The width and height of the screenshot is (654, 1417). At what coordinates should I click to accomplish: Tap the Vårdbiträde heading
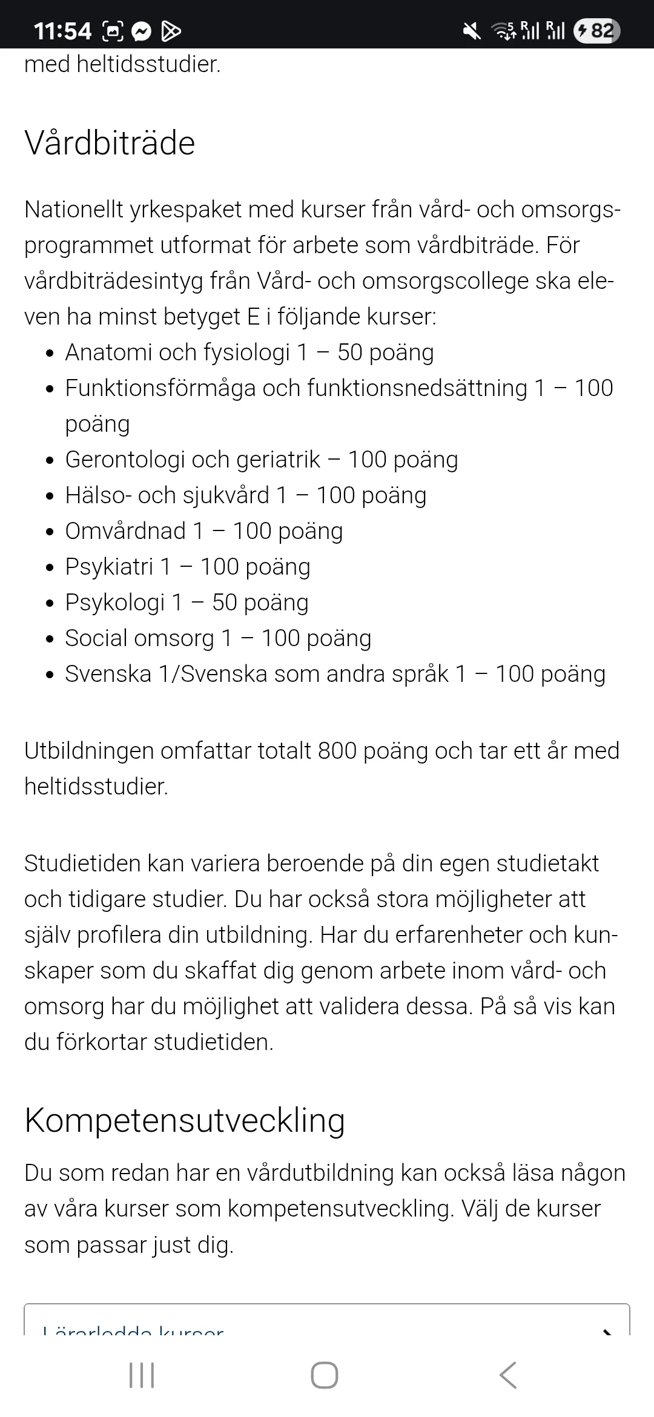(110, 144)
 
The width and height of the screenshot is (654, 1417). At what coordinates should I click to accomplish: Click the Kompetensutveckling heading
(185, 1120)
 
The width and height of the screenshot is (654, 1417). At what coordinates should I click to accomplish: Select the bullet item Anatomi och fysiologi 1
(249, 352)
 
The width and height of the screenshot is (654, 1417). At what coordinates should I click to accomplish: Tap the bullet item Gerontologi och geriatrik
(261, 460)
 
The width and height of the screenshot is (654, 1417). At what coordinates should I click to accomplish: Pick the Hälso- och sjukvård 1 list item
(245, 495)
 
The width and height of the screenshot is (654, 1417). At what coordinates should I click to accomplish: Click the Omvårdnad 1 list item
(203, 531)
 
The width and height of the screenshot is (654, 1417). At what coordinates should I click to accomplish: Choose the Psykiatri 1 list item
(187, 567)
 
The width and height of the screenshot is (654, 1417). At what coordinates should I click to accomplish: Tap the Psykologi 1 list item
(187, 603)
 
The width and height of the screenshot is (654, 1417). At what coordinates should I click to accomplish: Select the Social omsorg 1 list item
(218, 638)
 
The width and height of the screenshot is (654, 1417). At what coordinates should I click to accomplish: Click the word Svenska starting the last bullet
(108, 674)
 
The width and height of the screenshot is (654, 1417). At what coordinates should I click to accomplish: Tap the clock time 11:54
(62, 31)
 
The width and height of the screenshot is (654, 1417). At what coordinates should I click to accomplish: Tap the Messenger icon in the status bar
(142, 31)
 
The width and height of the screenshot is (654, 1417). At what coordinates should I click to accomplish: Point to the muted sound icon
(471, 30)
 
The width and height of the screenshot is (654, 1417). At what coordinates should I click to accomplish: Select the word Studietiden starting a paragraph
(82, 864)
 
